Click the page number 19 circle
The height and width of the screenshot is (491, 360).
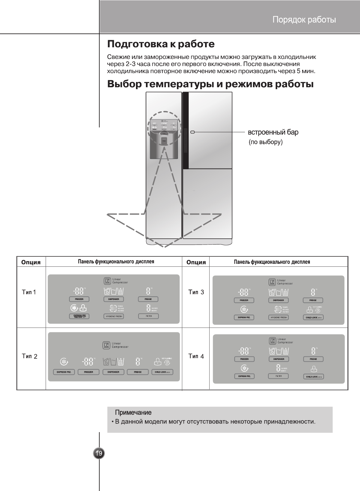[99, 454]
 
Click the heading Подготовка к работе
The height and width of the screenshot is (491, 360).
[161, 44]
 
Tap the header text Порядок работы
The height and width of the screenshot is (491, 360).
[304, 20]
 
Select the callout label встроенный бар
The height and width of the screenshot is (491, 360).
[273, 132]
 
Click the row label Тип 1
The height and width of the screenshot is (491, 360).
[29, 292]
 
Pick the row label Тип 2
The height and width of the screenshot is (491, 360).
[30, 356]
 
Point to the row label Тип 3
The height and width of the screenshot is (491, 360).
[196, 292]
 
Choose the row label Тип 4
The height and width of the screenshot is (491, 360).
[196, 356]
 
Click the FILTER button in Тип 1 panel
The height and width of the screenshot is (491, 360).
[148, 316]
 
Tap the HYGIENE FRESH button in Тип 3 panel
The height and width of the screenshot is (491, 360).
[279, 318]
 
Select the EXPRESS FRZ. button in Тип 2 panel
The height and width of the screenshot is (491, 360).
[64, 372]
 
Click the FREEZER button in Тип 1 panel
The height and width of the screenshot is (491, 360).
[79, 299]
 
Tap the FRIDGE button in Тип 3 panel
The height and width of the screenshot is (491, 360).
[313, 300]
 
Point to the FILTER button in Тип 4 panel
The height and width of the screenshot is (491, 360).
[279, 376]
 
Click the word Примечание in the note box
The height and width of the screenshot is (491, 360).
[133, 412]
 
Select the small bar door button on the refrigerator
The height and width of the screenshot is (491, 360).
[193, 132]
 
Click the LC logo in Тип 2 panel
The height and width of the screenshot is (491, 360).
[106, 346]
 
